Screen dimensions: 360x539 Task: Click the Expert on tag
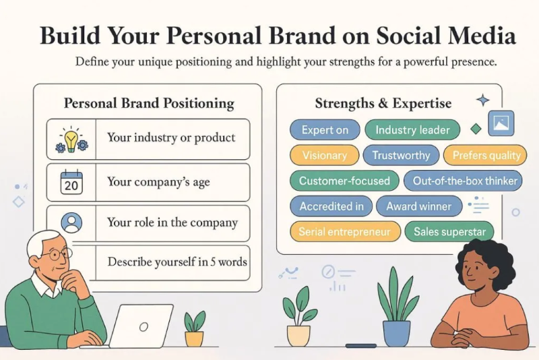325,130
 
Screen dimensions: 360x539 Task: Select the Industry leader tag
412,130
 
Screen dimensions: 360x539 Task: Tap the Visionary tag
324,156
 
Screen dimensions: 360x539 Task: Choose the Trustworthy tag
401,156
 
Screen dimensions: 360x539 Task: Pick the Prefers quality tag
486,156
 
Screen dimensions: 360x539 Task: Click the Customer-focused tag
344,181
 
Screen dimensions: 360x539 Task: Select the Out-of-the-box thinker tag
465,181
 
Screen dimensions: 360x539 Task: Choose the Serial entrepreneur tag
344,232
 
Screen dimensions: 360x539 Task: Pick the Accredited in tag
331,206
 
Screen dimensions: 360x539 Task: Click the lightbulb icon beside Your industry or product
71,139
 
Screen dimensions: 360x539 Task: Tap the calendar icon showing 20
71,182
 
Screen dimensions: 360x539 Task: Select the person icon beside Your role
71,222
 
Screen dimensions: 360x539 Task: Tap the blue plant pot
396,332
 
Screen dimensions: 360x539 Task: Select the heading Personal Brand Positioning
149,103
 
